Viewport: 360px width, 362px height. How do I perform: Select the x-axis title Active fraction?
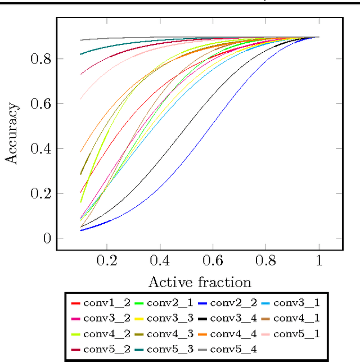pos(199,282)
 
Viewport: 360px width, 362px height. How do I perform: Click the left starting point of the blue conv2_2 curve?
pos(81,230)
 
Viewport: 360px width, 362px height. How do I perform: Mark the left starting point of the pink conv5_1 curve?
pos(81,99)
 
